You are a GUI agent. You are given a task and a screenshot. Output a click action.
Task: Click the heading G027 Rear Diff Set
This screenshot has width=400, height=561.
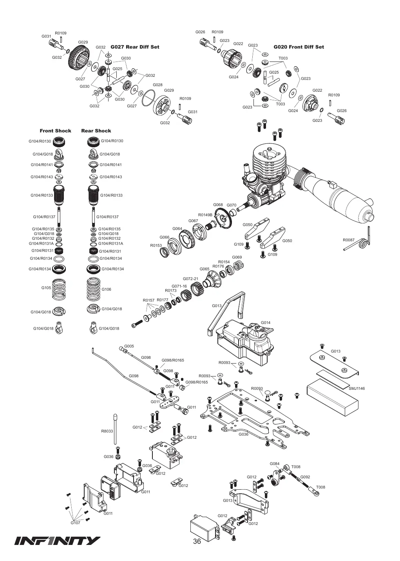(135, 47)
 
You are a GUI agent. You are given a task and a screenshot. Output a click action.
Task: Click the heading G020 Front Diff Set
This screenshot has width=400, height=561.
(299, 47)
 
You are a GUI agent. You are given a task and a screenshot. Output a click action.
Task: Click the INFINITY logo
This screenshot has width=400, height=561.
(57, 541)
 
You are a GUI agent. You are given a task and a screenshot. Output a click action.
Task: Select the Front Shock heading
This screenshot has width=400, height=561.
(55, 131)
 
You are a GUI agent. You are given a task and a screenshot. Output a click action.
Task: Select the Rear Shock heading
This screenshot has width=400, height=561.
(96, 131)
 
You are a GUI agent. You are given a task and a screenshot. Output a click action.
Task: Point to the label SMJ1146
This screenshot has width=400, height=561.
(357, 389)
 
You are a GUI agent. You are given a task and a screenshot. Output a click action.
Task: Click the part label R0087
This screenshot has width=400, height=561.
(348, 240)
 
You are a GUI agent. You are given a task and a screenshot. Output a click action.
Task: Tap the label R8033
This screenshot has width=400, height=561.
(107, 431)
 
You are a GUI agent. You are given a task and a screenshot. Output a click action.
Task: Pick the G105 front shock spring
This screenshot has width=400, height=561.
(59, 289)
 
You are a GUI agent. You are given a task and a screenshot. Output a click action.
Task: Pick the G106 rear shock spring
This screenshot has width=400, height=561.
(93, 289)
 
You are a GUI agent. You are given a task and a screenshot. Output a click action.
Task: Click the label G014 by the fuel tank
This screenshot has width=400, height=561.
(266, 322)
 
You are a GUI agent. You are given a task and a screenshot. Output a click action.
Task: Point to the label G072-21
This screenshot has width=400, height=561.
(190, 279)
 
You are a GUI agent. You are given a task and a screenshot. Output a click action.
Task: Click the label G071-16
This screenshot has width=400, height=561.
(179, 286)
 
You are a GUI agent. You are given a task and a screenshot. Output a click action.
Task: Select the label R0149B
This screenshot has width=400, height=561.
(205, 215)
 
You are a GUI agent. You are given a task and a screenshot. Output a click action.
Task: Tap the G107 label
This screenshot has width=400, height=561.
(75, 523)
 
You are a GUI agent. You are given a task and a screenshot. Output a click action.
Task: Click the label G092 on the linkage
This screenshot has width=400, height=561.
(305, 477)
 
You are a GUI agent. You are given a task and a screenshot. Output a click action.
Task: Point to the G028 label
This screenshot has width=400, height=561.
(157, 85)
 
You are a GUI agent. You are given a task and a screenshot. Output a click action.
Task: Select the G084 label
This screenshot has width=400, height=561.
(275, 463)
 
